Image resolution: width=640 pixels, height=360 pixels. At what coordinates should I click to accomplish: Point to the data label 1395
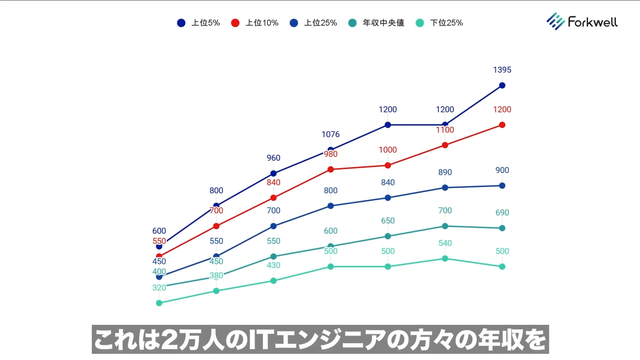tap(503, 70)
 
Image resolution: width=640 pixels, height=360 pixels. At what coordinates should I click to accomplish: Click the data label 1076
tap(330, 134)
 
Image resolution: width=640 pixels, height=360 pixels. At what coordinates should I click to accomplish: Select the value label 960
tap(273, 158)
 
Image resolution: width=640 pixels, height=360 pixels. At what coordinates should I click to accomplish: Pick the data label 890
tap(445, 172)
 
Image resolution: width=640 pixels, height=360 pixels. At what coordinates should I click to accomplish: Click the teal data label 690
tap(502, 213)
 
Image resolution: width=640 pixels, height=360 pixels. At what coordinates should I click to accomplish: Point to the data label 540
tap(445, 243)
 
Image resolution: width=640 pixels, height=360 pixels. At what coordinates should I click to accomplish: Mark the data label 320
tap(159, 288)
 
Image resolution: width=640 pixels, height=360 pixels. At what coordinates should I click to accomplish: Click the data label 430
tap(273, 265)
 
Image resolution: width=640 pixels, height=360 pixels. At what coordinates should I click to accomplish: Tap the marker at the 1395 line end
tap(502, 85)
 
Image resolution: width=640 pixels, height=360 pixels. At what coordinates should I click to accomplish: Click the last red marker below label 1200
tap(502, 125)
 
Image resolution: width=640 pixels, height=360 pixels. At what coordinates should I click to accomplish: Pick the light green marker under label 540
tap(445, 258)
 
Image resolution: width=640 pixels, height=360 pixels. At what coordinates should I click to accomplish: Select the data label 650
tap(387, 221)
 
